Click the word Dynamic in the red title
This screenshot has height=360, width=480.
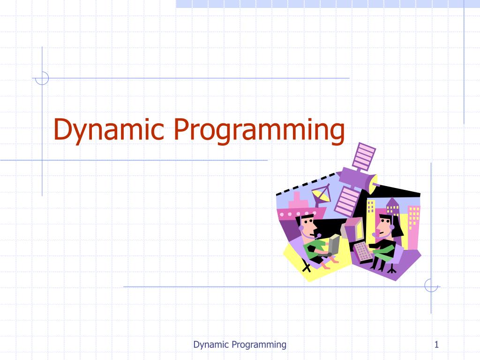pyautogui.click(x=110, y=130)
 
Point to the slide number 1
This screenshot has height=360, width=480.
pyautogui.click(x=436, y=345)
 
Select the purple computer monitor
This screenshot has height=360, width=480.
pyautogui.click(x=352, y=229)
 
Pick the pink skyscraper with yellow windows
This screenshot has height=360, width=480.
pyautogui.click(x=414, y=225)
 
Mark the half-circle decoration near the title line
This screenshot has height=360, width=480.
pyautogui.click(x=42, y=78)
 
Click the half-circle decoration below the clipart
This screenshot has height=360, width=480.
pyautogui.click(x=430, y=286)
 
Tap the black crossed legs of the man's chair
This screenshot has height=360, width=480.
pyautogui.click(x=307, y=267)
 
